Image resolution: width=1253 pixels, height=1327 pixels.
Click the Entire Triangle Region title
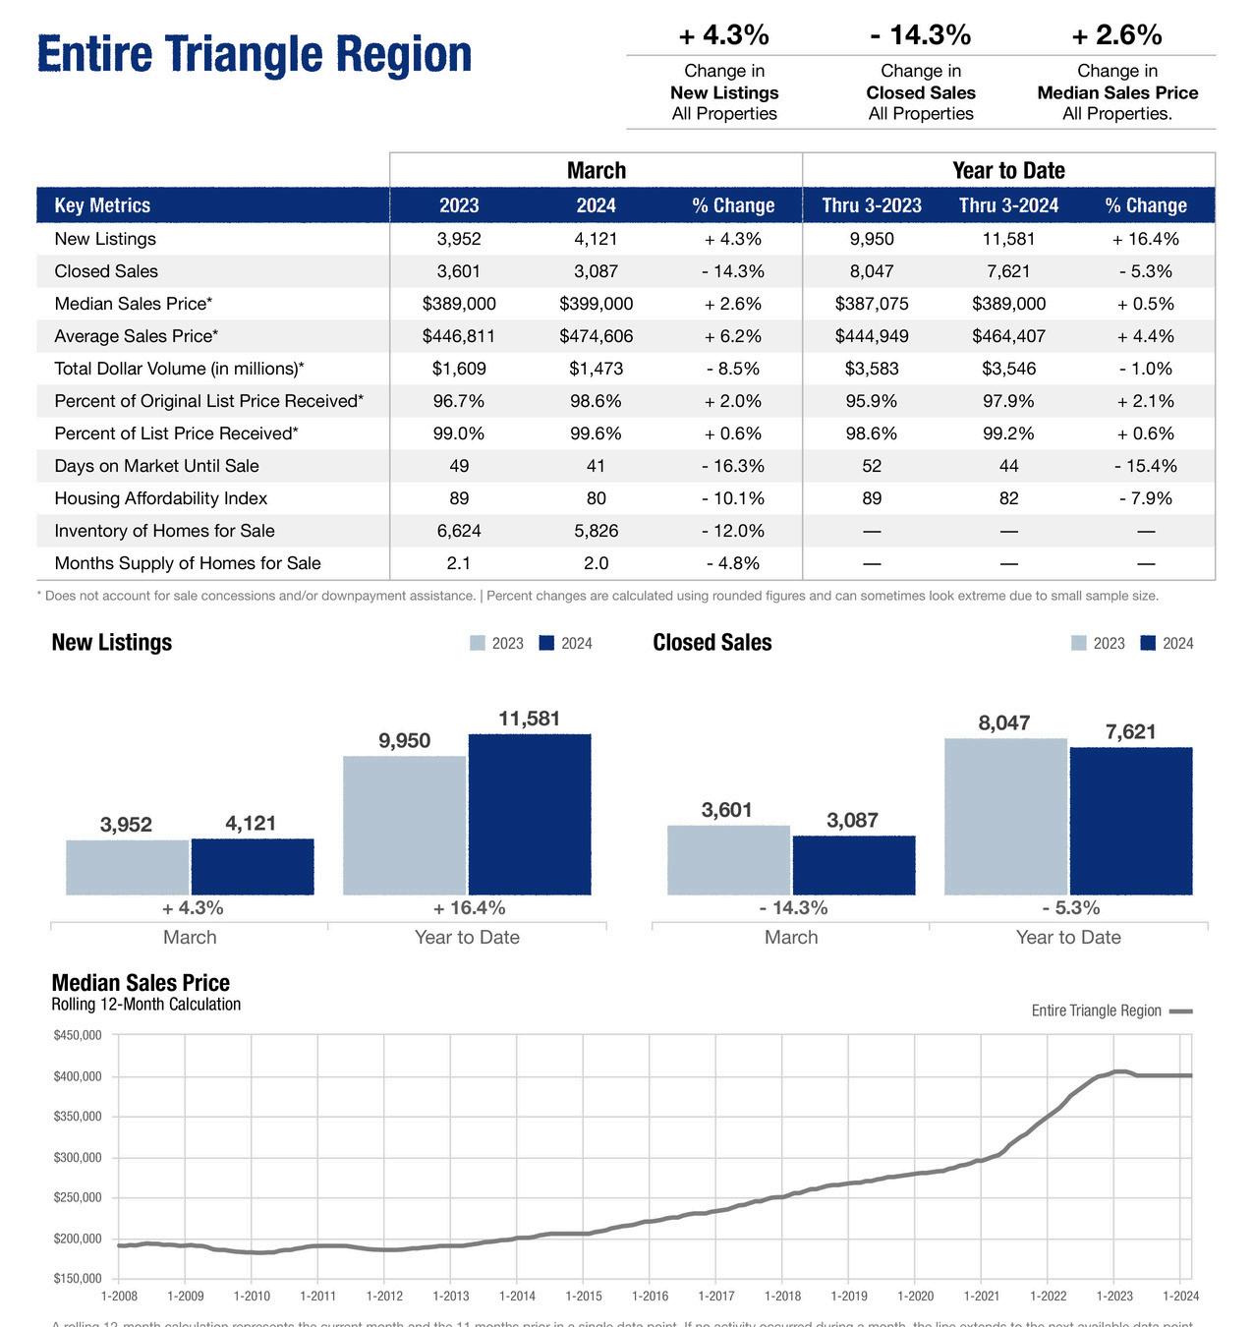[x=255, y=54]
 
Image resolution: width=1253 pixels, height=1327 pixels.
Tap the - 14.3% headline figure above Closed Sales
[x=920, y=35]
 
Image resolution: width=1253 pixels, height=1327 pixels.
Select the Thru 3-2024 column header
[x=1008, y=205]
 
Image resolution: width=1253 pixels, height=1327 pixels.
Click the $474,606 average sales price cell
[x=596, y=336]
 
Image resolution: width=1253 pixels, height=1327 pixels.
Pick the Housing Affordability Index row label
[x=161, y=498]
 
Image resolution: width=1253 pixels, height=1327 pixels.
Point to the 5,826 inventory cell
[x=596, y=531]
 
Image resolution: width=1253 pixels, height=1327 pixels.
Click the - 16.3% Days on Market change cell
[x=732, y=466]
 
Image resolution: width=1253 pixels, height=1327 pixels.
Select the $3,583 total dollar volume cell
[x=871, y=369]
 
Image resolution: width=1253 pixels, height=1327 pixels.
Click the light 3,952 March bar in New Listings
[x=128, y=867]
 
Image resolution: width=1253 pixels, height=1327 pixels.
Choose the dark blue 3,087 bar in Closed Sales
[x=853, y=865]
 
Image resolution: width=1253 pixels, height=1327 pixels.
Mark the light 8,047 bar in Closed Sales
[x=1005, y=816]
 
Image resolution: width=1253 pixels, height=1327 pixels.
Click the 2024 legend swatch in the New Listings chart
[x=547, y=643]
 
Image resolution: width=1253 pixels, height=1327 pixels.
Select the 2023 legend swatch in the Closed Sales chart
[x=1079, y=643]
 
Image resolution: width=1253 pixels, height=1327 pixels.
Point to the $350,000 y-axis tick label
[x=78, y=1117]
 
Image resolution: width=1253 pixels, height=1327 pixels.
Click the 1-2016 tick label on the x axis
[x=650, y=1297]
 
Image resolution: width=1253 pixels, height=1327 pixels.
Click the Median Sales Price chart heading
[x=141, y=983]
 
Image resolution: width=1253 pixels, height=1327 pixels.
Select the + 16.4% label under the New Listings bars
[x=469, y=907]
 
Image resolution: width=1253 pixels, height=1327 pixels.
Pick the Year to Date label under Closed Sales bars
[x=1068, y=937]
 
